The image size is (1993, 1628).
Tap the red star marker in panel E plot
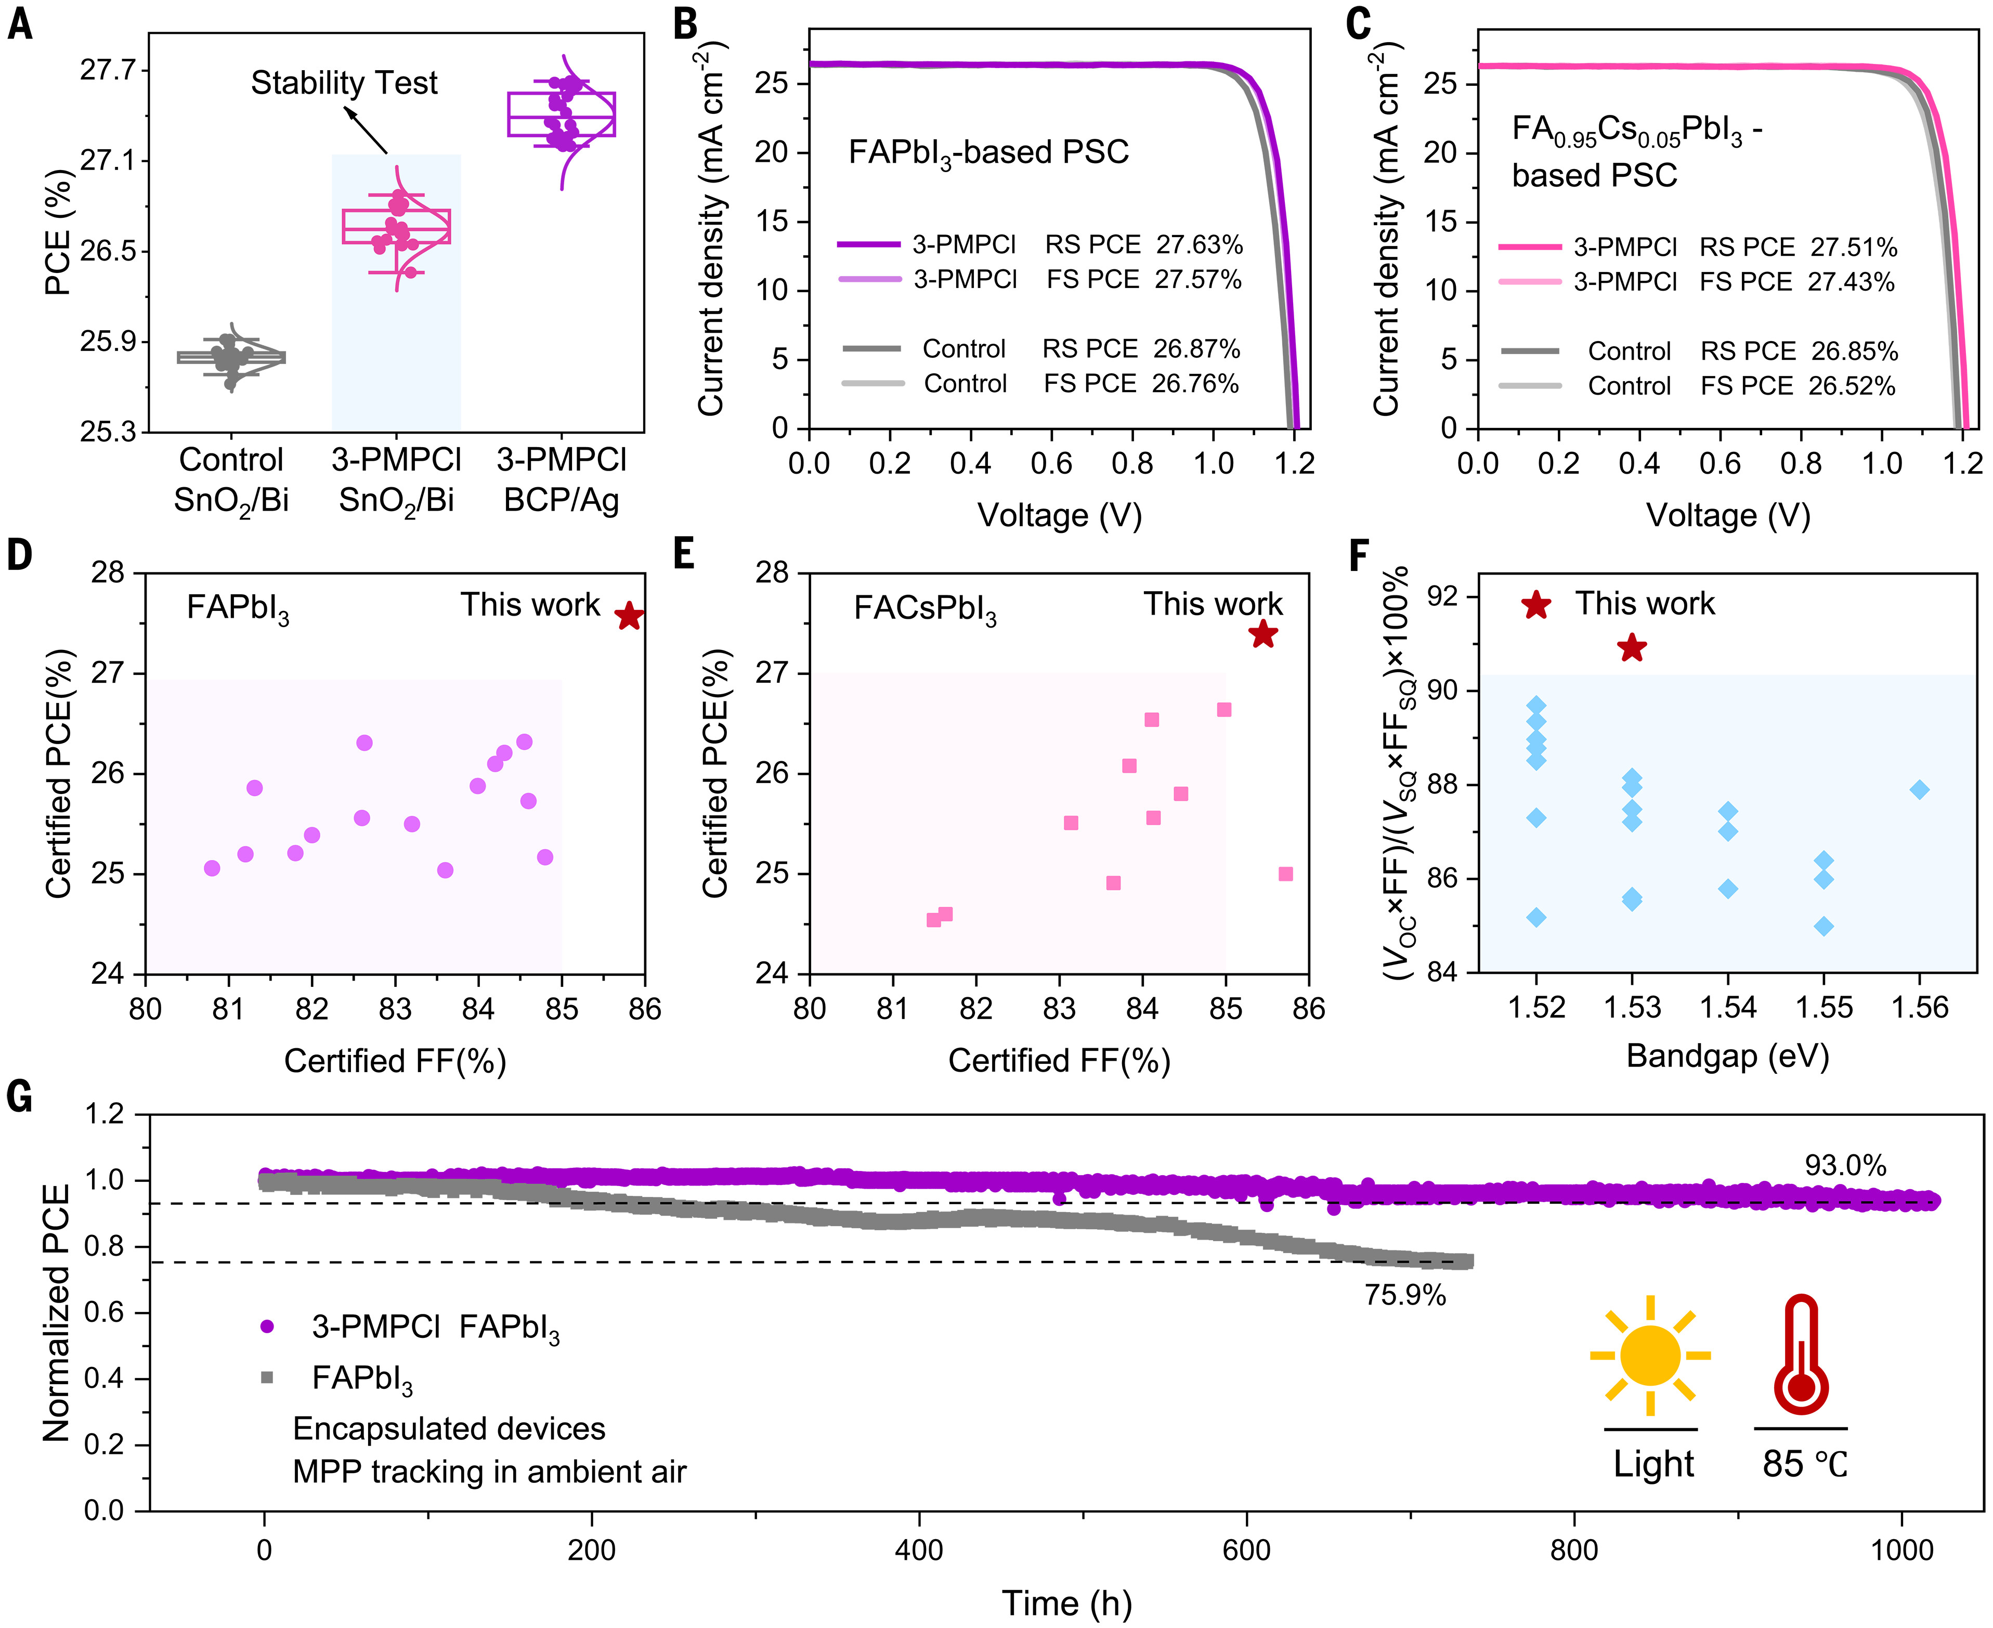(x=1263, y=634)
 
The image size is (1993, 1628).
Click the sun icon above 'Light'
(x=1650, y=1355)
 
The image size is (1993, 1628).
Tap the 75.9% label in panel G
(x=1405, y=1295)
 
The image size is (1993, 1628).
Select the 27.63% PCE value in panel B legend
(x=1200, y=245)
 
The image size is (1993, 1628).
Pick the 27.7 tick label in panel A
(x=108, y=70)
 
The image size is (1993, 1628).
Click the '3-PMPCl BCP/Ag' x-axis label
(x=561, y=479)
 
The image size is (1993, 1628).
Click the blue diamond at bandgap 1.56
(x=1920, y=790)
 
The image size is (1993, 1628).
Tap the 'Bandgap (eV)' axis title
(x=1728, y=1056)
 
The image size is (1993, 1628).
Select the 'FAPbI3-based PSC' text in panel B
(x=988, y=153)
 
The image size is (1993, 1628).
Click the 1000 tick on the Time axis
(x=1902, y=1549)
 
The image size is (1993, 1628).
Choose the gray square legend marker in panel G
(x=267, y=1377)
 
